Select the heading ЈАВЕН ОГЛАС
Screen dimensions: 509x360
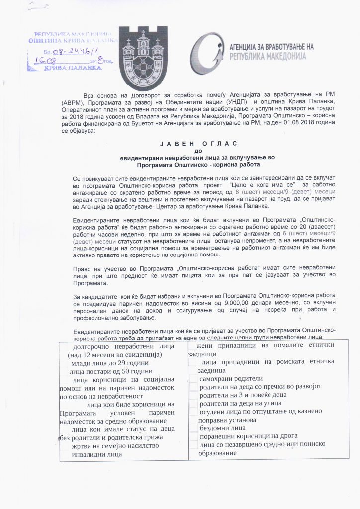(198, 144)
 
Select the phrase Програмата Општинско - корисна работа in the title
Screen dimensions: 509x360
(199, 163)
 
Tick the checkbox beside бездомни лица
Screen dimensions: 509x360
(193, 428)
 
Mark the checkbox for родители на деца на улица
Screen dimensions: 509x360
(193, 403)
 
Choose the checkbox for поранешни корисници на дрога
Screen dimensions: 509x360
(193, 436)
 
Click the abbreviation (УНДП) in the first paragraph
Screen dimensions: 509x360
(236, 102)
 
